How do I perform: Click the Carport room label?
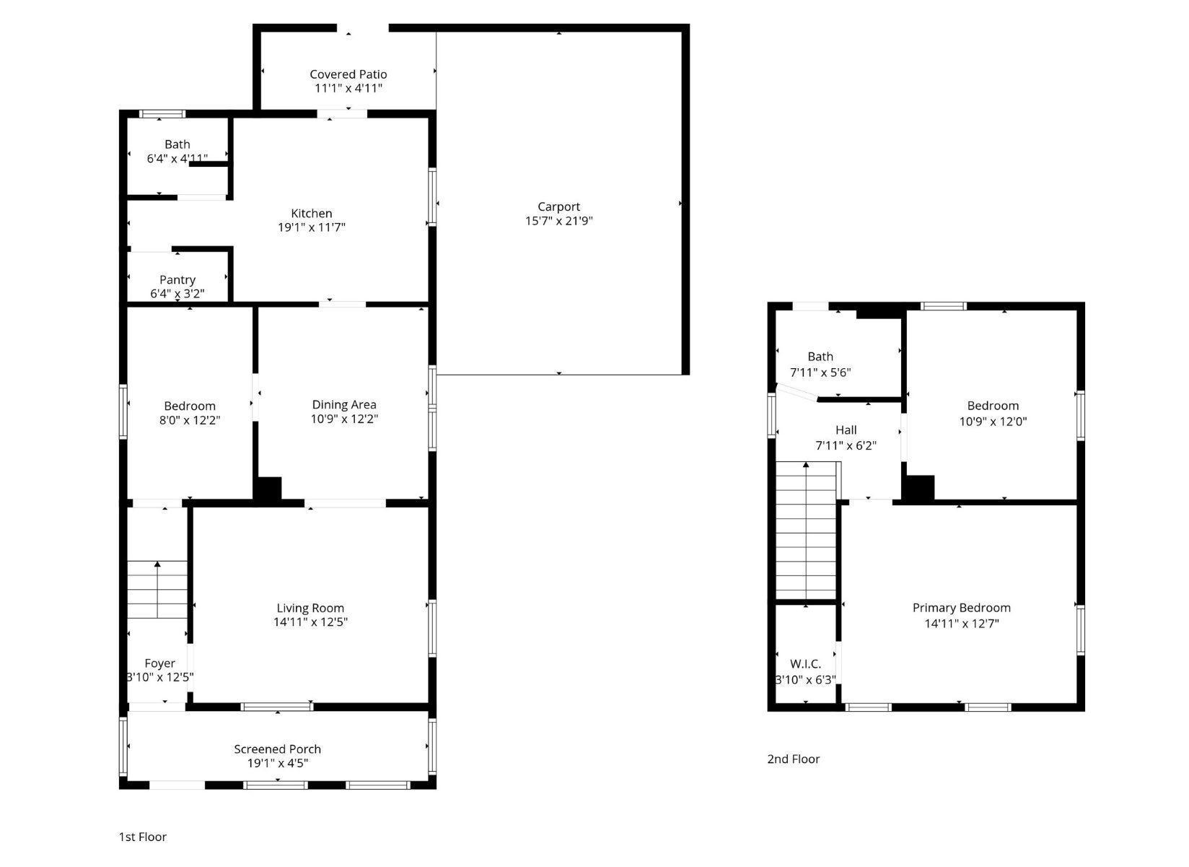click(558, 206)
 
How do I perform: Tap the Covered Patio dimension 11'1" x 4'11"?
click(348, 88)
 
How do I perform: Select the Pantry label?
click(177, 279)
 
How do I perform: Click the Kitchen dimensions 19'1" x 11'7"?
click(312, 227)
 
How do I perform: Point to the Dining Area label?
click(344, 404)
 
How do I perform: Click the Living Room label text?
click(310, 608)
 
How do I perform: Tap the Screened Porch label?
click(277, 749)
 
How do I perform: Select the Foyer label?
click(159, 663)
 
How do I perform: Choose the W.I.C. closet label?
click(805, 663)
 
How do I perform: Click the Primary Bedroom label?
click(961, 608)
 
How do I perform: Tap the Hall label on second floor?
click(846, 430)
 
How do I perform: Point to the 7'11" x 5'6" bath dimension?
click(820, 372)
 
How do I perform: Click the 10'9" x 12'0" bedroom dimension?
click(993, 422)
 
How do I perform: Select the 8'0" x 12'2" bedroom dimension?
click(189, 419)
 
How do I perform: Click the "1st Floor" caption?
click(143, 837)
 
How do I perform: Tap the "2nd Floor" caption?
click(793, 759)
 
